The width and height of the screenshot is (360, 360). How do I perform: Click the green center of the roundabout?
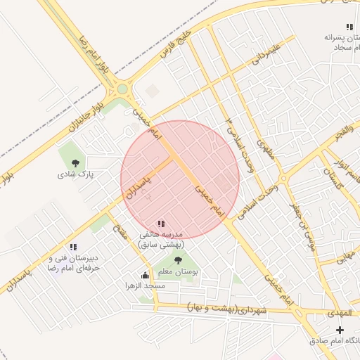point(123,89)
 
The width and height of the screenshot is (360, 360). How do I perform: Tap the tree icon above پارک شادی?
point(75,163)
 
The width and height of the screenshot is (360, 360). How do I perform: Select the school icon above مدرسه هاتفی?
point(161,224)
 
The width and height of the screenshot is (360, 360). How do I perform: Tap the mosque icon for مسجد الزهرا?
point(145,275)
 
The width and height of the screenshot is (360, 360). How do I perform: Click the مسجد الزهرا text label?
point(145,286)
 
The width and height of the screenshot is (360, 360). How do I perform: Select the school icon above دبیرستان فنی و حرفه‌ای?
point(72,247)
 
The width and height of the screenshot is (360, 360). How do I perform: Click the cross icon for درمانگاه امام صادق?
point(340,330)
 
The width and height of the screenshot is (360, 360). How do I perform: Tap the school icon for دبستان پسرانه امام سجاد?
point(349,27)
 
